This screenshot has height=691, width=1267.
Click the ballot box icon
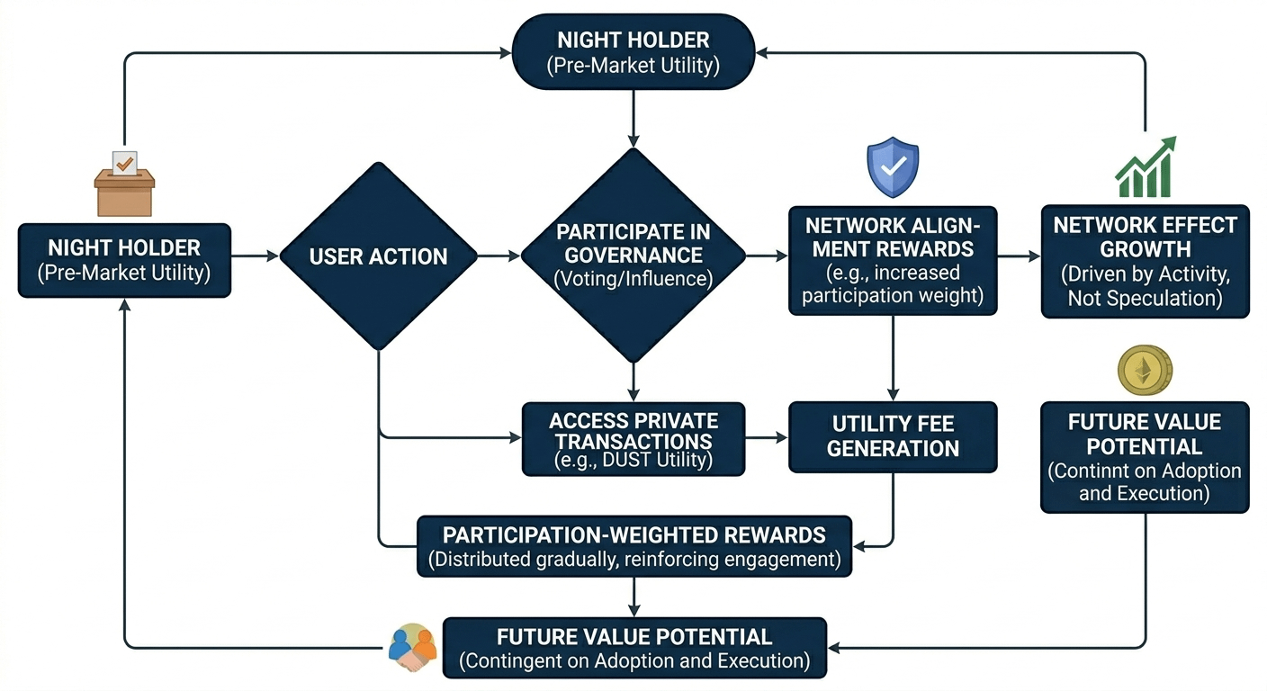tap(124, 184)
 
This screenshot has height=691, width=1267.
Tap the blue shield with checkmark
tap(893, 167)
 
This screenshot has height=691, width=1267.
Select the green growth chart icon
tap(1146, 166)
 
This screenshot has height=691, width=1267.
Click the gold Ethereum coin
tap(1145, 371)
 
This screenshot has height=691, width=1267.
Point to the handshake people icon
tap(412, 648)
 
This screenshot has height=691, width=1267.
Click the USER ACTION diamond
tap(379, 256)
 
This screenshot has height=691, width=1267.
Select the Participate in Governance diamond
tap(633, 255)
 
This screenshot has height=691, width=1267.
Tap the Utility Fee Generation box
tap(893, 437)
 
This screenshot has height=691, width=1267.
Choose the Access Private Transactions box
tap(633, 439)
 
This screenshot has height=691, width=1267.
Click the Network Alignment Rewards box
tap(893, 261)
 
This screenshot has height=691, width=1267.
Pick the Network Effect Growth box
tap(1145, 261)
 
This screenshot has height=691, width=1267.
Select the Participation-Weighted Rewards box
tap(634, 546)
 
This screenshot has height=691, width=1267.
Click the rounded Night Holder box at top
tap(633, 52)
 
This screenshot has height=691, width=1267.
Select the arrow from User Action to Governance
tap(499, 256)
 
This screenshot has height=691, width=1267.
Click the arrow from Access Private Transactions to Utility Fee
tap(767, 437)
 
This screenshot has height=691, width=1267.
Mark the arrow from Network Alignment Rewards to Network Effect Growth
tap(1019, 256)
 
